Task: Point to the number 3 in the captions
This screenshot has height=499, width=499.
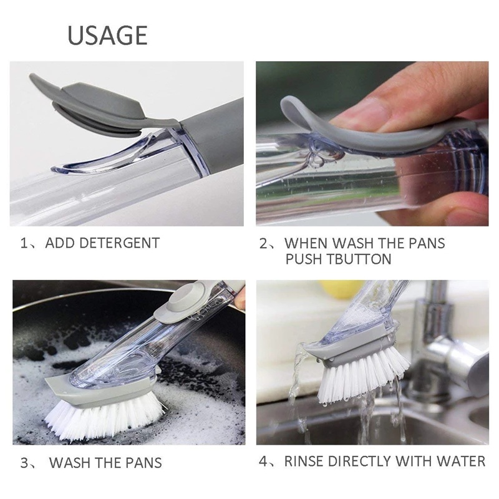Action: click(24, 463)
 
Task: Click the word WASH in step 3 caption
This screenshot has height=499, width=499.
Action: click(72, 463)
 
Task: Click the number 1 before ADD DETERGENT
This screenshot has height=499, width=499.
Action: click(23, 243)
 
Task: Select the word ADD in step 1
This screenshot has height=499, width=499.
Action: click(57, 243)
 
